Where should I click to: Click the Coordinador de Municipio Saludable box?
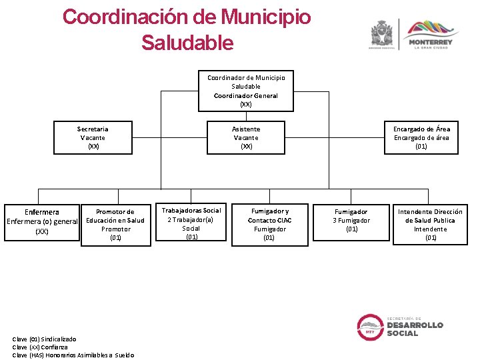coord(246,91)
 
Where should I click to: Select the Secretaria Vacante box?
coord(93,137)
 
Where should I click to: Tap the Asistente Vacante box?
coord(246,137)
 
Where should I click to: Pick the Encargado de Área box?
coord(421,137)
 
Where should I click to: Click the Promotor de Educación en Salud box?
coord(115,225)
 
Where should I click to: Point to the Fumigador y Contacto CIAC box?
coord(269,225)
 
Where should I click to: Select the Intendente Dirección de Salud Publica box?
coord(430,225)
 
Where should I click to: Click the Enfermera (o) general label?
coord(42,221)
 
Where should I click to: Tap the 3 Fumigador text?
coord(351,221)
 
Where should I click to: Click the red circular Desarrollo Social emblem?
coord(369,326)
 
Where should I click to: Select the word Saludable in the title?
coord(187,43)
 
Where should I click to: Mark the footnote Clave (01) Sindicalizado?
coord(44,339)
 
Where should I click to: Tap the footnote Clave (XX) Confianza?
coord(40,347)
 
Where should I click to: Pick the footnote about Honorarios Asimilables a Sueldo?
coord(73,355)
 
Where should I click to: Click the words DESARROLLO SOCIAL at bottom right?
coord(415,329)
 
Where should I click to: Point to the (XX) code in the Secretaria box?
coord(93,146)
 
